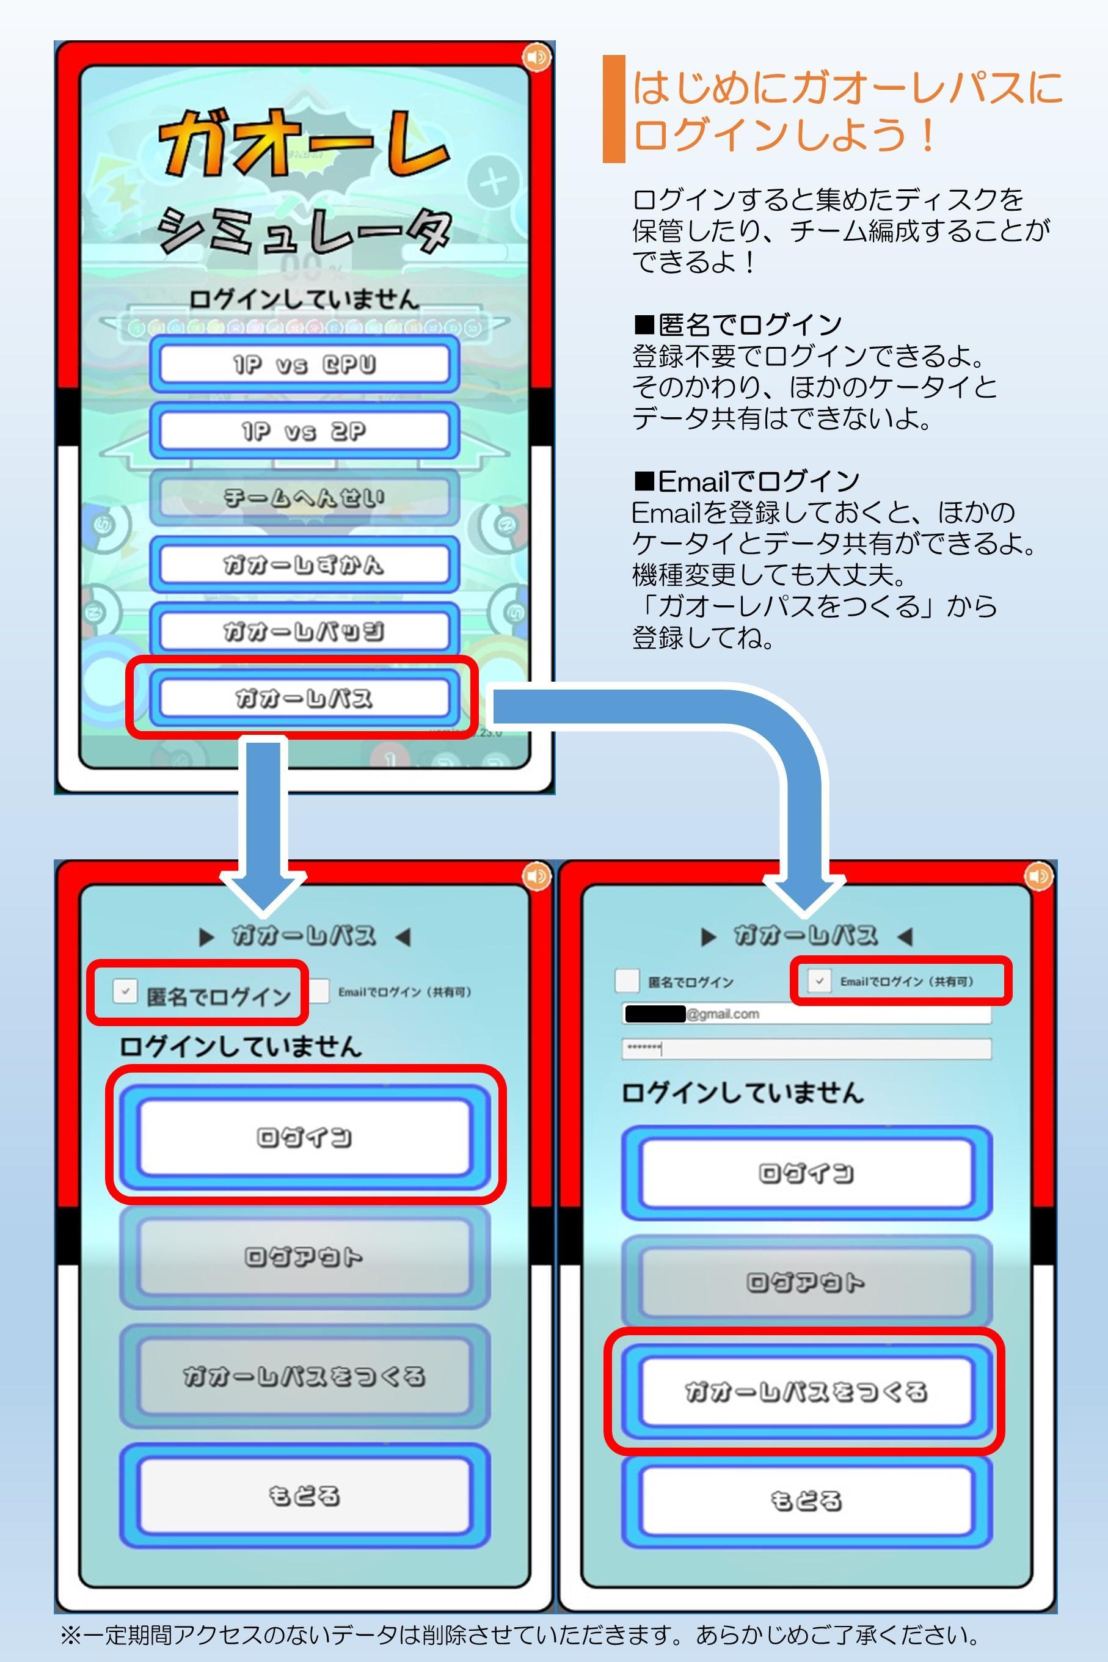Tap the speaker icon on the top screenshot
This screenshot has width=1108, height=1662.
click(536, 57)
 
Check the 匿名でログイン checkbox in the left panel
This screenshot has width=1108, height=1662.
click(125, 991)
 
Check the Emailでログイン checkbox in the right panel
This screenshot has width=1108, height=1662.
click(819, 981)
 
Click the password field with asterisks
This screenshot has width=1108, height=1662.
click(806, 1049)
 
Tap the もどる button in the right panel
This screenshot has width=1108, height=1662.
click(806, 1500)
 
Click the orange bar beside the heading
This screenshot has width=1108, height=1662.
click(613, 109)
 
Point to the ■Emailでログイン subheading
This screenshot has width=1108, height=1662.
click(746, 481)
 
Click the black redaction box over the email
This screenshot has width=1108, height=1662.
click(654, 1014)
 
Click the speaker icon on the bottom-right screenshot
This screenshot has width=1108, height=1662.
click(1038, 877)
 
